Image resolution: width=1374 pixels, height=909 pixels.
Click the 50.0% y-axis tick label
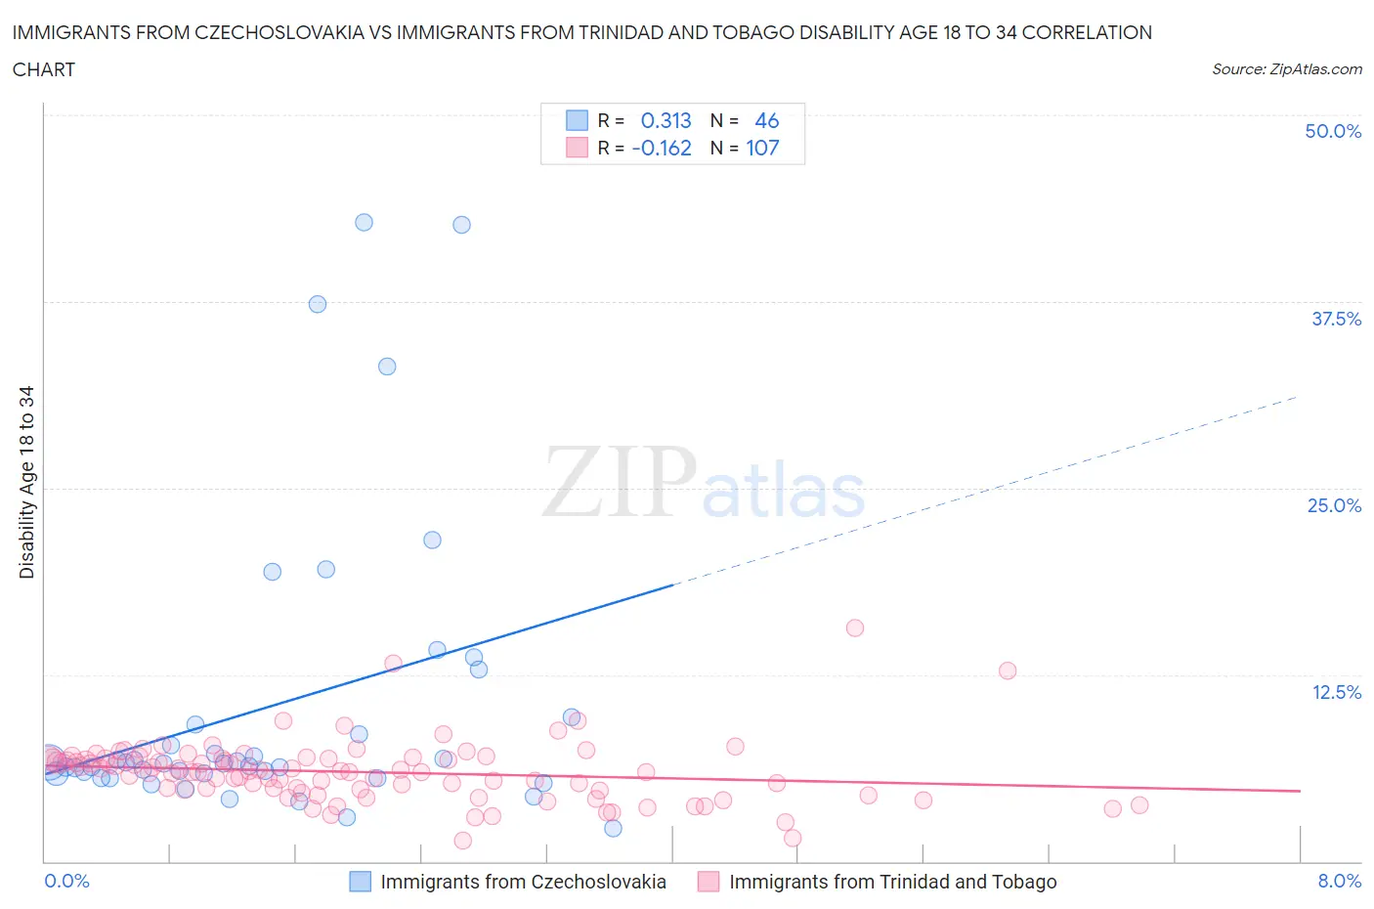tap(1333, 131)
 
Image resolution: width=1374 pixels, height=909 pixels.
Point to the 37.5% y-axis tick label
tap(1336, 319)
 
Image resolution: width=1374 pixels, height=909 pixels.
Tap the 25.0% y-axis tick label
tap(1334, 505)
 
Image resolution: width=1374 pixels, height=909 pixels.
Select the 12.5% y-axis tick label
tap(1336, 692)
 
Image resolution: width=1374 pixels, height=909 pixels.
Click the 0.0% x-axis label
tap(66, 881)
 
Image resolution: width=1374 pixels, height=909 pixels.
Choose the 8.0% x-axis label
tap(1339, 881)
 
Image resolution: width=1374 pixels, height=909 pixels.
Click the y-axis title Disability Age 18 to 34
tap(26, 482)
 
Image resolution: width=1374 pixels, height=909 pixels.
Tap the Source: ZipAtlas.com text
tap(1286, 68)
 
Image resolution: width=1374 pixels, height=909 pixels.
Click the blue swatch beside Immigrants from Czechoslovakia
tap(361, 882)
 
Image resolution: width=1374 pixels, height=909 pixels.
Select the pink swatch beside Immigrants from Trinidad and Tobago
tap(708, 882)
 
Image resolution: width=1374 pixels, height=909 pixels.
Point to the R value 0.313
tap(666, 120)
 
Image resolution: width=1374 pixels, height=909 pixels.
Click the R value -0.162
tap(662, 148)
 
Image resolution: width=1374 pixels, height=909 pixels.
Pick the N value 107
tap(762, 148)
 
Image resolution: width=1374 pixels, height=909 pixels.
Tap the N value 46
tap(766, 120)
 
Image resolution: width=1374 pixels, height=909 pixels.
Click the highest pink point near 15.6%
tap(855, 628)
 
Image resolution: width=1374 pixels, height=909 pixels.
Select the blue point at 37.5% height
tap(318, 304)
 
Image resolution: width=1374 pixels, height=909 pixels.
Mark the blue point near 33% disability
tap(387, 367)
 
